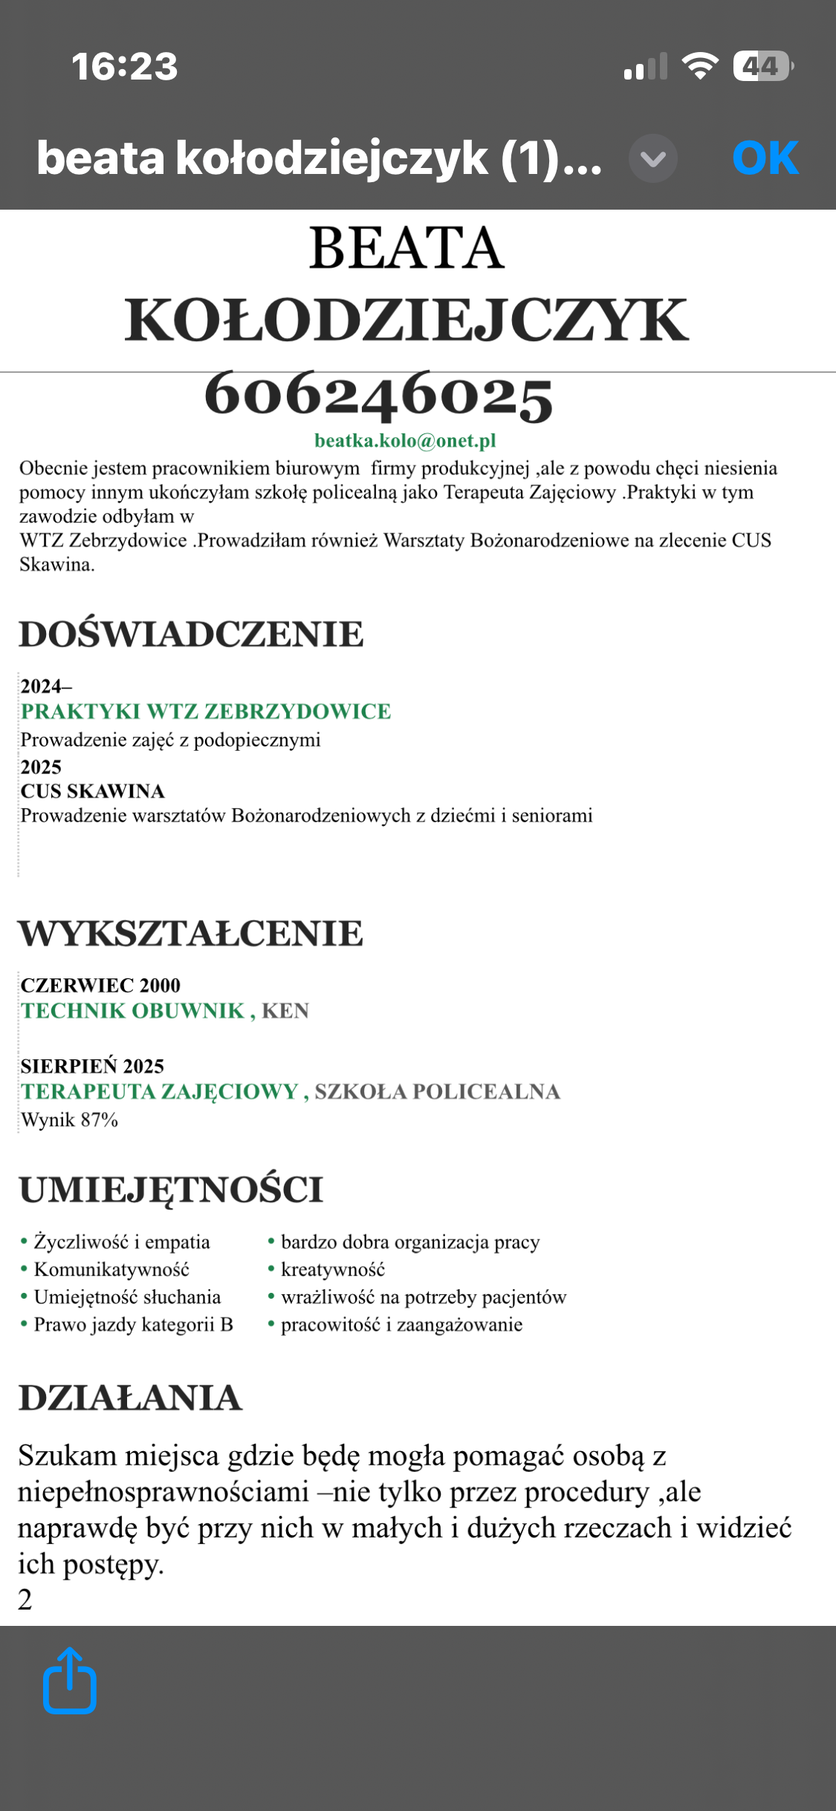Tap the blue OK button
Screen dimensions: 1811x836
[x=765, y=158]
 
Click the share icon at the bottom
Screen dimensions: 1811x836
[x=70, y=1682]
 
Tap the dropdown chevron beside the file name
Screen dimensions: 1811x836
[x=652, y=158]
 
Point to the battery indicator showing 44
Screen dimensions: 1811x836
[x=762, y=66]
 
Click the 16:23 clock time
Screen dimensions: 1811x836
[x=125, y=66]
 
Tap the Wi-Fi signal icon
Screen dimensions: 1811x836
[x=700, y=66]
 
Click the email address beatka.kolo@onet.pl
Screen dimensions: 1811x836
[x=405, y=441]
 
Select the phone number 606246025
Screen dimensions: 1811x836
[x=378, y=395]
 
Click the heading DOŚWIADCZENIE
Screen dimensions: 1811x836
[x=191, y=634]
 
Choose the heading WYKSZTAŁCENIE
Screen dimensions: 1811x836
[x=191, y=933]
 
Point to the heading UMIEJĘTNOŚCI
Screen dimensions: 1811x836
[x=171, y=1189]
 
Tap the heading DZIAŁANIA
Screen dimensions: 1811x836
[x=130, y=1398]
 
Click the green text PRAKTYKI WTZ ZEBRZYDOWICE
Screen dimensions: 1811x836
[x=205, y=711]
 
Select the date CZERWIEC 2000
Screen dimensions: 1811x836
[x=100, y=985]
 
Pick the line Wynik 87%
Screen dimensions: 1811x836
[x=69, y=1120]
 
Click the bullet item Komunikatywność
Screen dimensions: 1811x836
[x=111, y=1269]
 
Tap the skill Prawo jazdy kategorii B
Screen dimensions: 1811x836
[x=133, y=1324]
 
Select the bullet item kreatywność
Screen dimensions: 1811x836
[x=332, y=1269]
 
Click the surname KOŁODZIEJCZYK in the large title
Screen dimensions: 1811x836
[x=406, y=320]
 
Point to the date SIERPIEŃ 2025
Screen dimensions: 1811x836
[x=92, y=1066]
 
